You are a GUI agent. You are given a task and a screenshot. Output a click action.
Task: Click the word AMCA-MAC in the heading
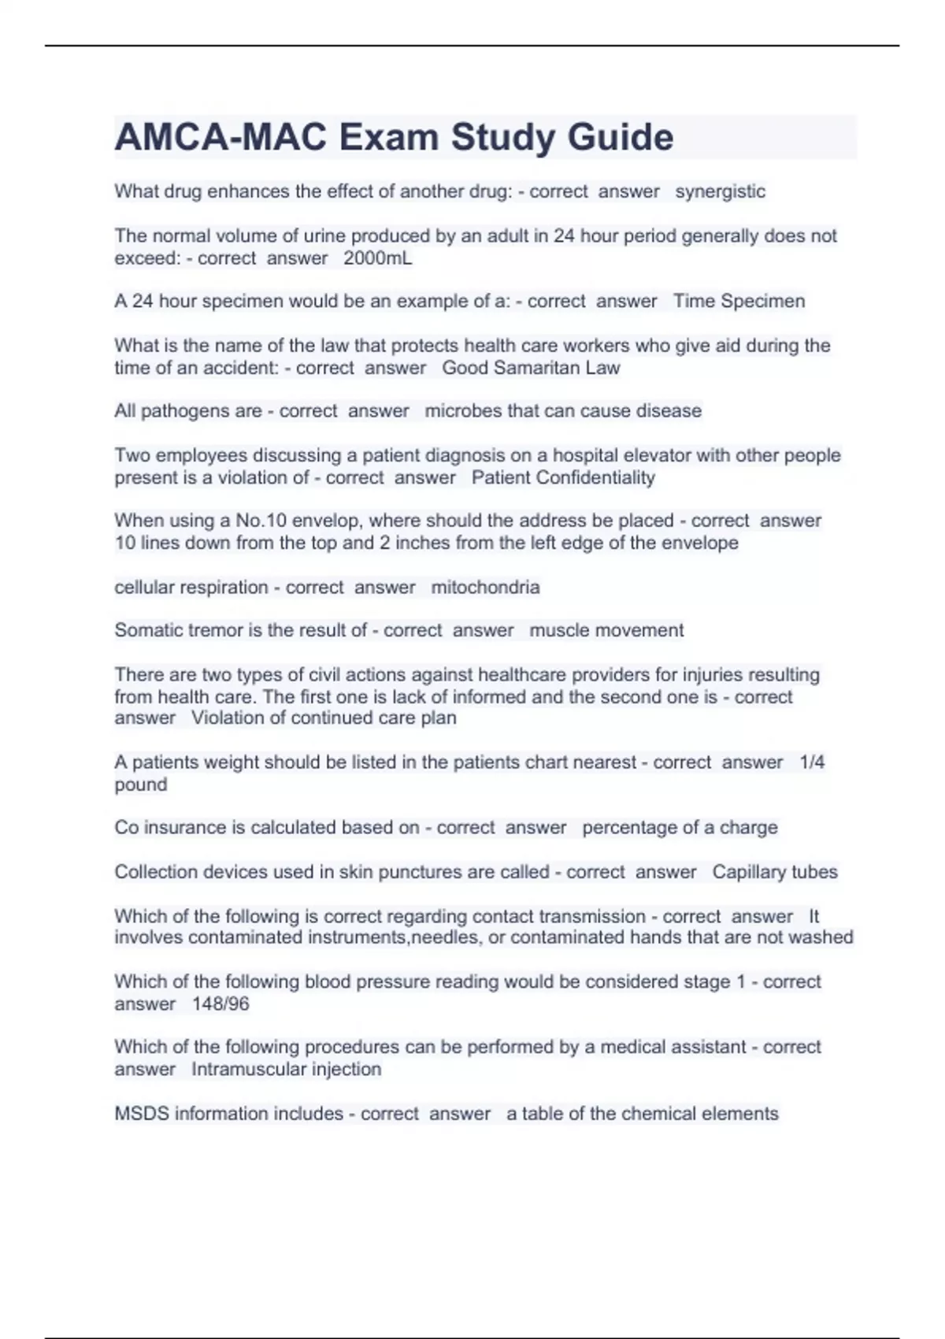coord(220,138)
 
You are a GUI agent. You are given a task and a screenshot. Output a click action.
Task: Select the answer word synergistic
coord(720,191)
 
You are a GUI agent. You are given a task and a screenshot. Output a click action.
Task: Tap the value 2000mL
coord(377,258)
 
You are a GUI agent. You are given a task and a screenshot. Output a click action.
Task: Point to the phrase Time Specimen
coord(739,301)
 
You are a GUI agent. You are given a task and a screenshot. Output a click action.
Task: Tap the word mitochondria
coord(485,588)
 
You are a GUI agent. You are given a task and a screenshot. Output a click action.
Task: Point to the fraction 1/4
coord(812,762)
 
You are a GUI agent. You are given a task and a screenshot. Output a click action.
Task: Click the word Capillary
coord(747,872)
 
